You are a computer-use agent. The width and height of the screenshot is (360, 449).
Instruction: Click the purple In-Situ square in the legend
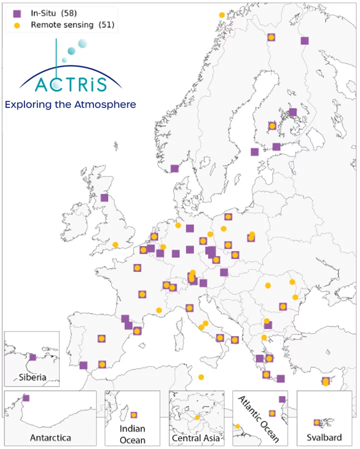coord(17,13)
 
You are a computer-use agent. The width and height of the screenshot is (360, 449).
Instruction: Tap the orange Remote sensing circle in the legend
coord(17,25)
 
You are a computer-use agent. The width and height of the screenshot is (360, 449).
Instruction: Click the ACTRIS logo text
coord(71,84)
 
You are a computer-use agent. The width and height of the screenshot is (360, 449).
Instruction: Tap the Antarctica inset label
coord(50,438)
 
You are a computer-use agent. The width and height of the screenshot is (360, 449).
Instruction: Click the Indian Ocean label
coord(132,434)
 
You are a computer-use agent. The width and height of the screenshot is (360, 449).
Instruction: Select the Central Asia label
coord(196,438)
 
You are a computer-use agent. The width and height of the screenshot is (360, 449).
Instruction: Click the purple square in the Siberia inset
coord(32,357)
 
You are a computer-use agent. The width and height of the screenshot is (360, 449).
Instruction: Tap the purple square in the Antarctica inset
coord(26,398)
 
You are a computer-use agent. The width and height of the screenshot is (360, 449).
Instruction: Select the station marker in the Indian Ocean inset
coord(134,415)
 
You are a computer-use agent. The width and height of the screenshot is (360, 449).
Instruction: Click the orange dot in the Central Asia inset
coord(197,417)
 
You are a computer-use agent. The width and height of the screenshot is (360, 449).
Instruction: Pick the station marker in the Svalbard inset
coord(317,423)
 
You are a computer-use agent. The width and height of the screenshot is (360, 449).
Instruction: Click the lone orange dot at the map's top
coord(222,15)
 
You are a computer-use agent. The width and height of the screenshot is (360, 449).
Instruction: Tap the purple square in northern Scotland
coord(104,198)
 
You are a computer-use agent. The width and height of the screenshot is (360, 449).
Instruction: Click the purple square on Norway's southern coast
coord(174,169)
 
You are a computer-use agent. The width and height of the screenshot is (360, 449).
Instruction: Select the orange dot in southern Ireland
coord(115,245)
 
